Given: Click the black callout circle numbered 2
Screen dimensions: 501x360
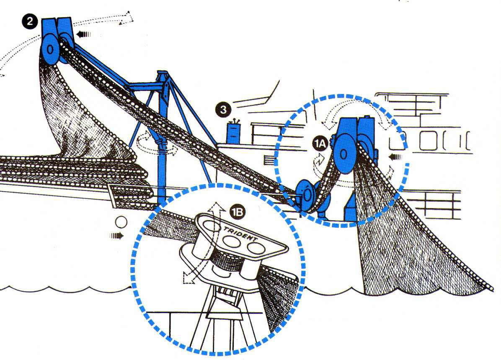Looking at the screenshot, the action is [30, 21].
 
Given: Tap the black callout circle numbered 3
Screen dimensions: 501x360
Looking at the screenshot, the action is [223, 110].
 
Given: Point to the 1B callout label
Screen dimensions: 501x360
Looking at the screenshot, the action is [238, 212].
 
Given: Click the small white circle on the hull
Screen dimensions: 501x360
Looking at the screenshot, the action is [121, 222].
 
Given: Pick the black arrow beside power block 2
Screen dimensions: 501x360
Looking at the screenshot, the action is [84, 34].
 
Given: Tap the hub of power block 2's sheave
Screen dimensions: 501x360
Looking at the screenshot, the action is [50, 49].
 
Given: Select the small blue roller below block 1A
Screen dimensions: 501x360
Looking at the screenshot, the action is [306, 195].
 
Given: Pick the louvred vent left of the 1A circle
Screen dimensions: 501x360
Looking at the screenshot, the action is [269, 160].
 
